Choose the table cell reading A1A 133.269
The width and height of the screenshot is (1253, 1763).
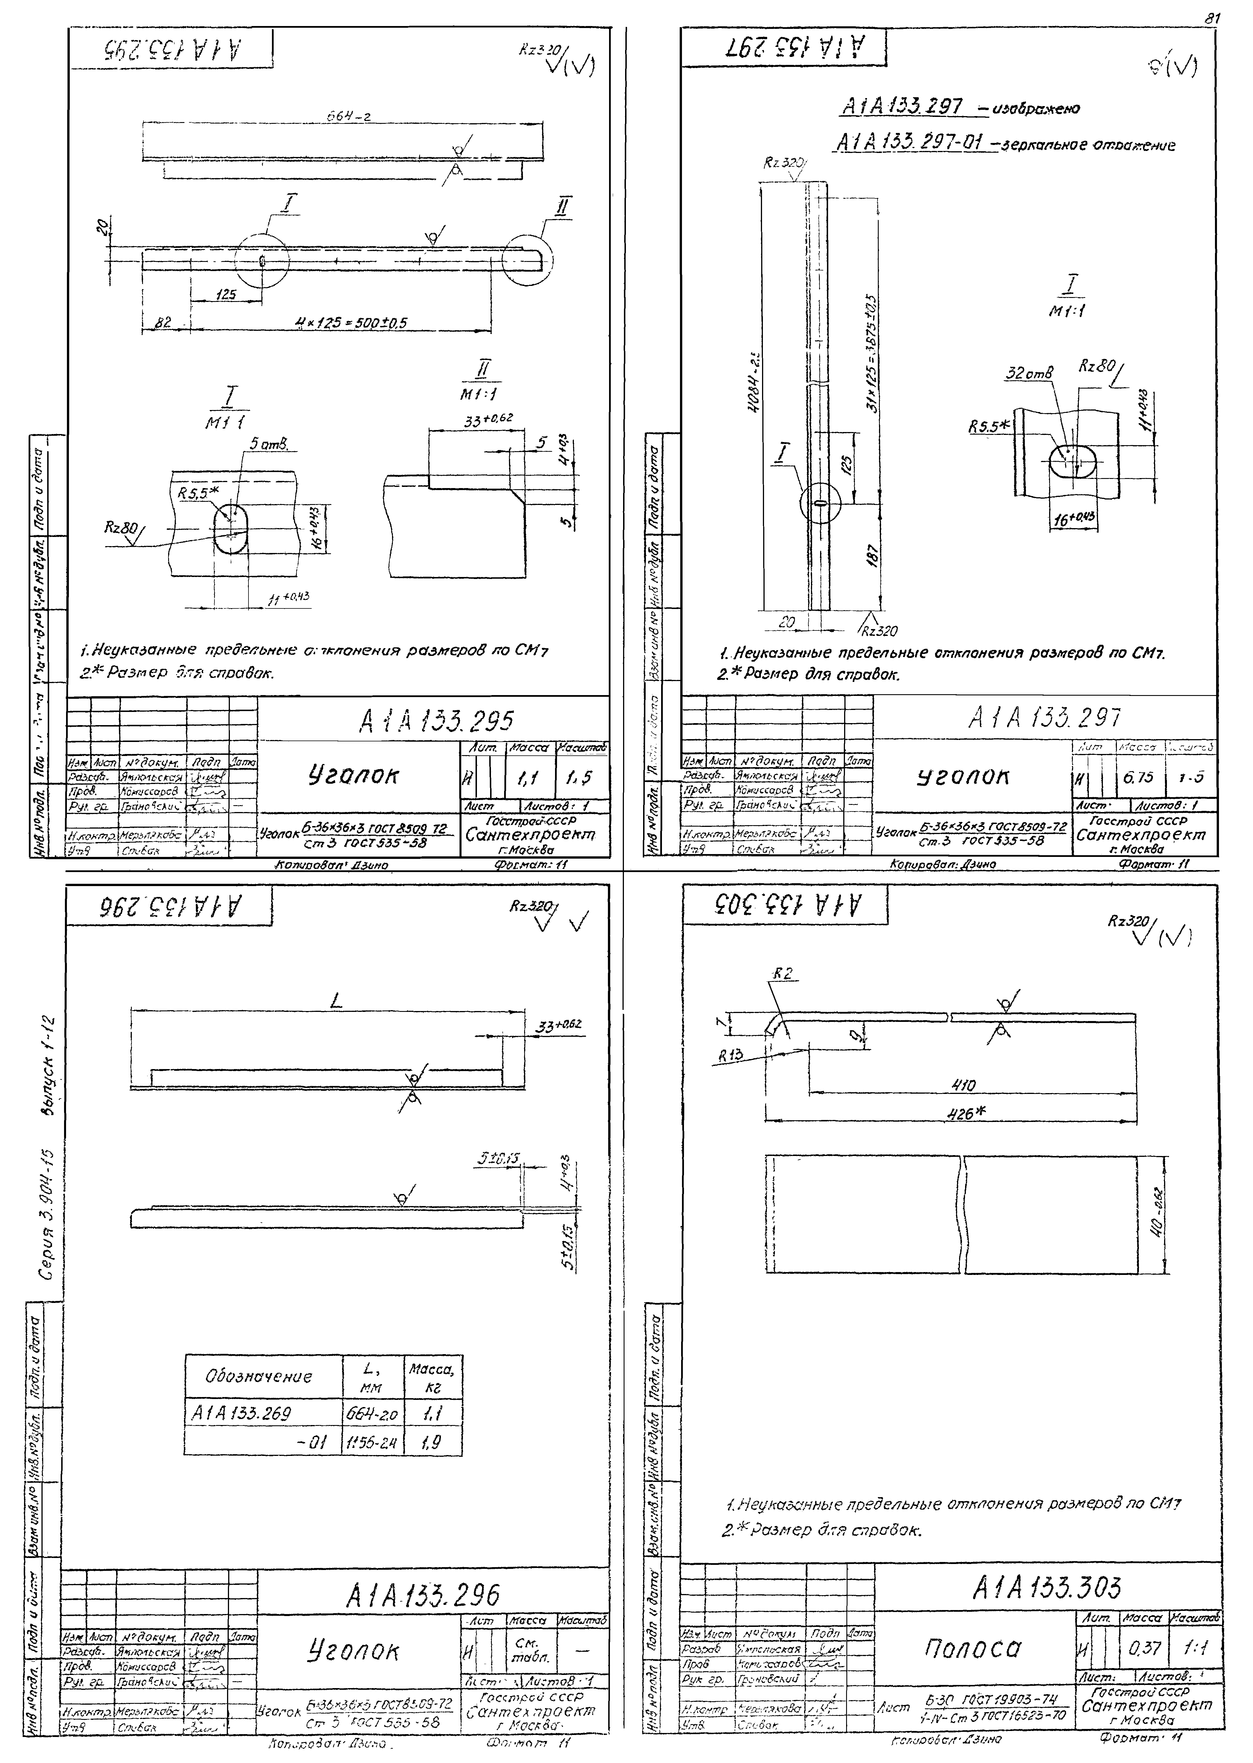pyautogui.click(x=241, y=1414)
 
